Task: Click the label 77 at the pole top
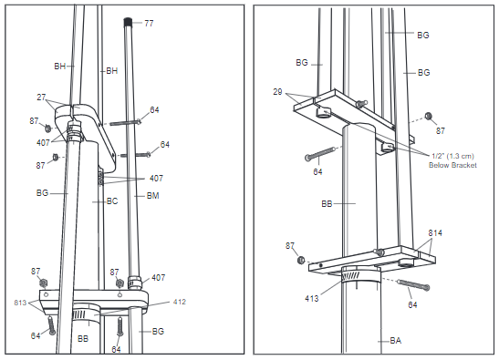[x=149, y=22]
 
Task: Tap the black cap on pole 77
[x=129, y=20]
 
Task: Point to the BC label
[x=112, y=200]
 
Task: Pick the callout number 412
[x=179, y=302]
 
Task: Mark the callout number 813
[x=21, y=302]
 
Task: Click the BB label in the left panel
[x=83, y=338]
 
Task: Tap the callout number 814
[x=436, y=233]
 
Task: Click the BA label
[x=395, y=342]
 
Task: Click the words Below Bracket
[x=453, y=164]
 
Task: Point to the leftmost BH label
[x=59, y=67]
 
